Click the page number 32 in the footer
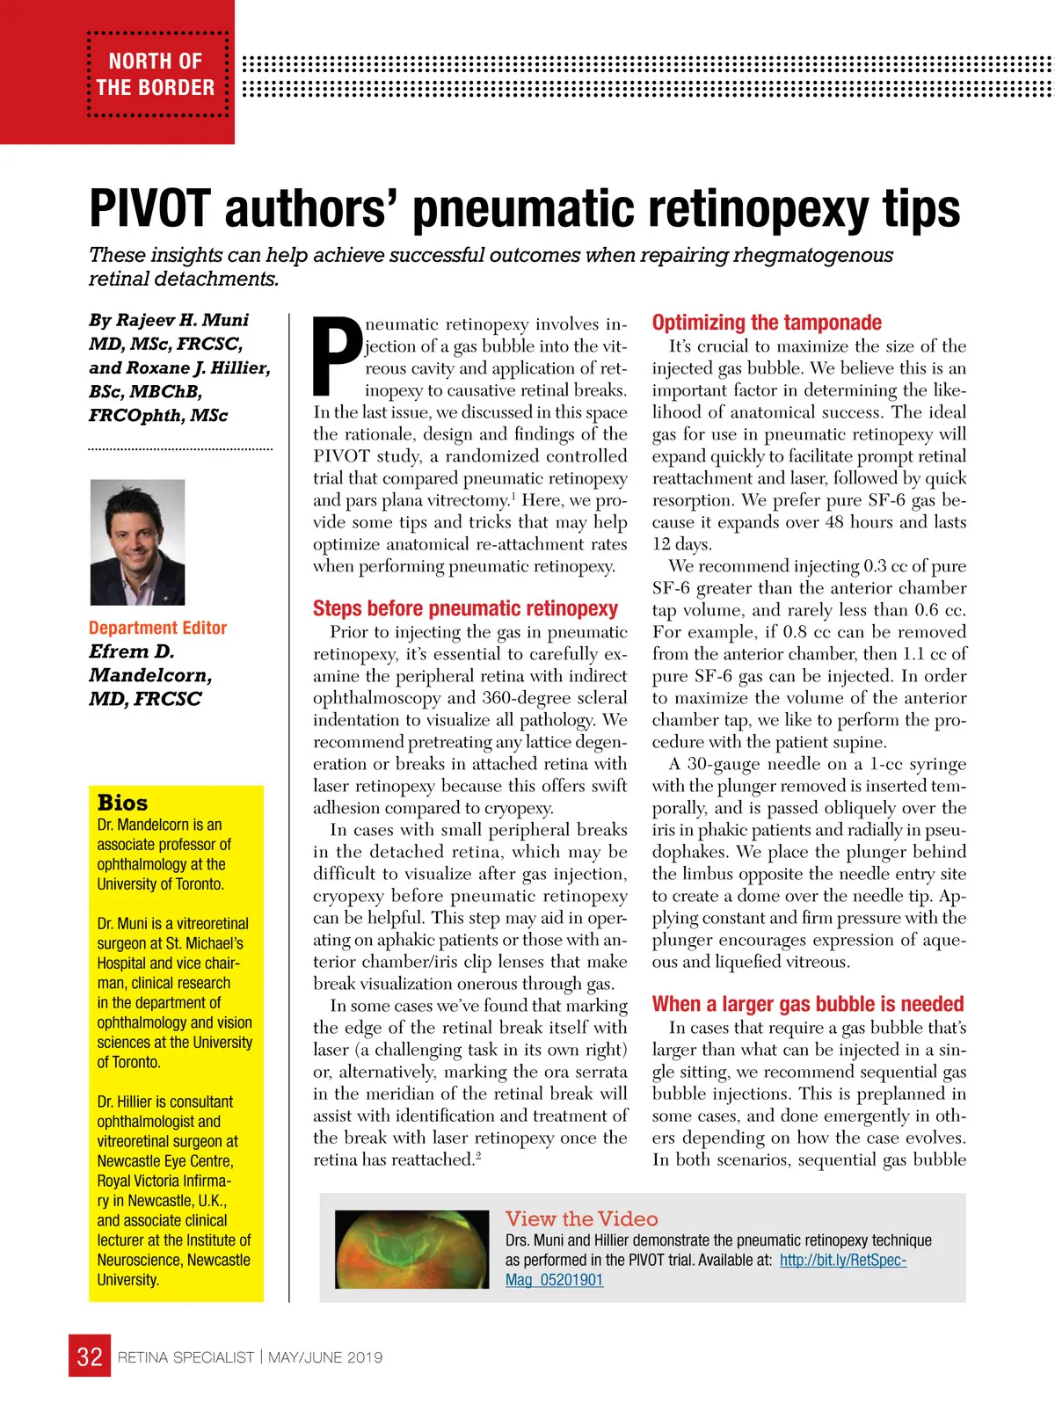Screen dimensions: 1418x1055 tap(90, 1356)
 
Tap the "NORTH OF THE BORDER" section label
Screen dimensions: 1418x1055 tap(156, 75)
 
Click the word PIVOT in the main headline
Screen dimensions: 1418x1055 tap(150, 209)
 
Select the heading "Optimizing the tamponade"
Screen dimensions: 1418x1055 tap(767, 323)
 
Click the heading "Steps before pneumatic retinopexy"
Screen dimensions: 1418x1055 tap(465, 608)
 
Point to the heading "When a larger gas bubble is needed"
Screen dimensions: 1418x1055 tap(808, 1004)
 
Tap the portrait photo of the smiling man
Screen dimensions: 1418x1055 tap(138, 542)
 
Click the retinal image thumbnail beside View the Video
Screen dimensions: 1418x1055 tap(412, 1249)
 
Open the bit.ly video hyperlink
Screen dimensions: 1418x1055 tap(842, 1260)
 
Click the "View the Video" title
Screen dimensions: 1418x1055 tap(581, 1218)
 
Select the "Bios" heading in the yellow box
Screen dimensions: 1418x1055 tap(122, 803)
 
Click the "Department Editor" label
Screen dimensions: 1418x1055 tap(157, 628)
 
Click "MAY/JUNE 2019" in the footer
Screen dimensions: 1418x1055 tap(325, 1357)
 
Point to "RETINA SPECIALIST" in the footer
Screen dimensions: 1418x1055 tap(186, 1357)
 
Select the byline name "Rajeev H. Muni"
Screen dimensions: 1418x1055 tap(182, 320)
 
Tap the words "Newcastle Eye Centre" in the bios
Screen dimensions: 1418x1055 tap(164, 1160)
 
